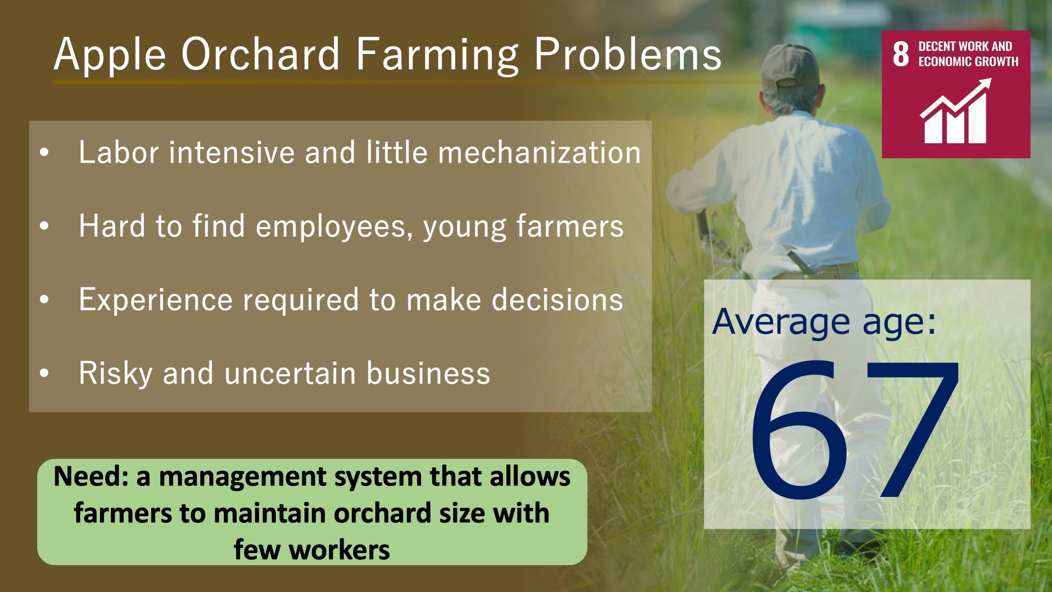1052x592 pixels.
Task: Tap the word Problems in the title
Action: [628, 54]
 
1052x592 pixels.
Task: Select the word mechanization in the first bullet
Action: [540, 152]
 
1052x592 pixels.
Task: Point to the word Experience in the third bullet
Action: [156, 300]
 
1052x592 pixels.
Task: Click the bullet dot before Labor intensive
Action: [44, 152]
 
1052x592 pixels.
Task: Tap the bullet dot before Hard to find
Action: [44, 226]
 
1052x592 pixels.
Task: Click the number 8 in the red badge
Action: [900, 54]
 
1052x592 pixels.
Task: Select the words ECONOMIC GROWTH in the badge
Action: [968, 61]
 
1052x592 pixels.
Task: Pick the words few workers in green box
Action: [311, 550]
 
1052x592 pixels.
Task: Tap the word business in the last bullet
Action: [428, 373]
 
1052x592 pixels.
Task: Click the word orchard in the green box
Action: [382, 513]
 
